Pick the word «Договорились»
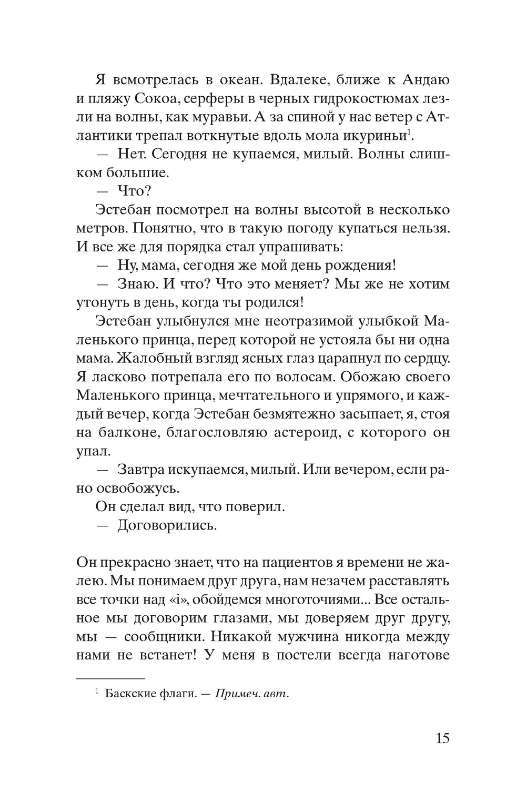167,525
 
